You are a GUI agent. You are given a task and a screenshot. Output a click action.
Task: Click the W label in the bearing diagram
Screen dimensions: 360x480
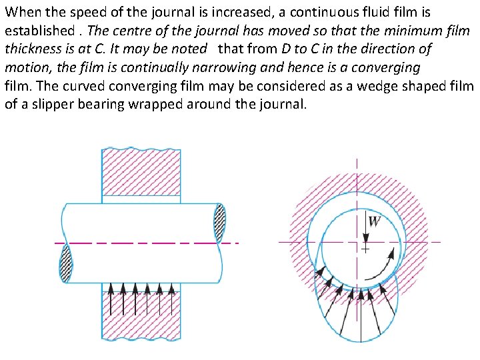[374, 221]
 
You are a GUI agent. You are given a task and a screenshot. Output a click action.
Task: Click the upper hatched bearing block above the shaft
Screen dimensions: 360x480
[141, 173]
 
